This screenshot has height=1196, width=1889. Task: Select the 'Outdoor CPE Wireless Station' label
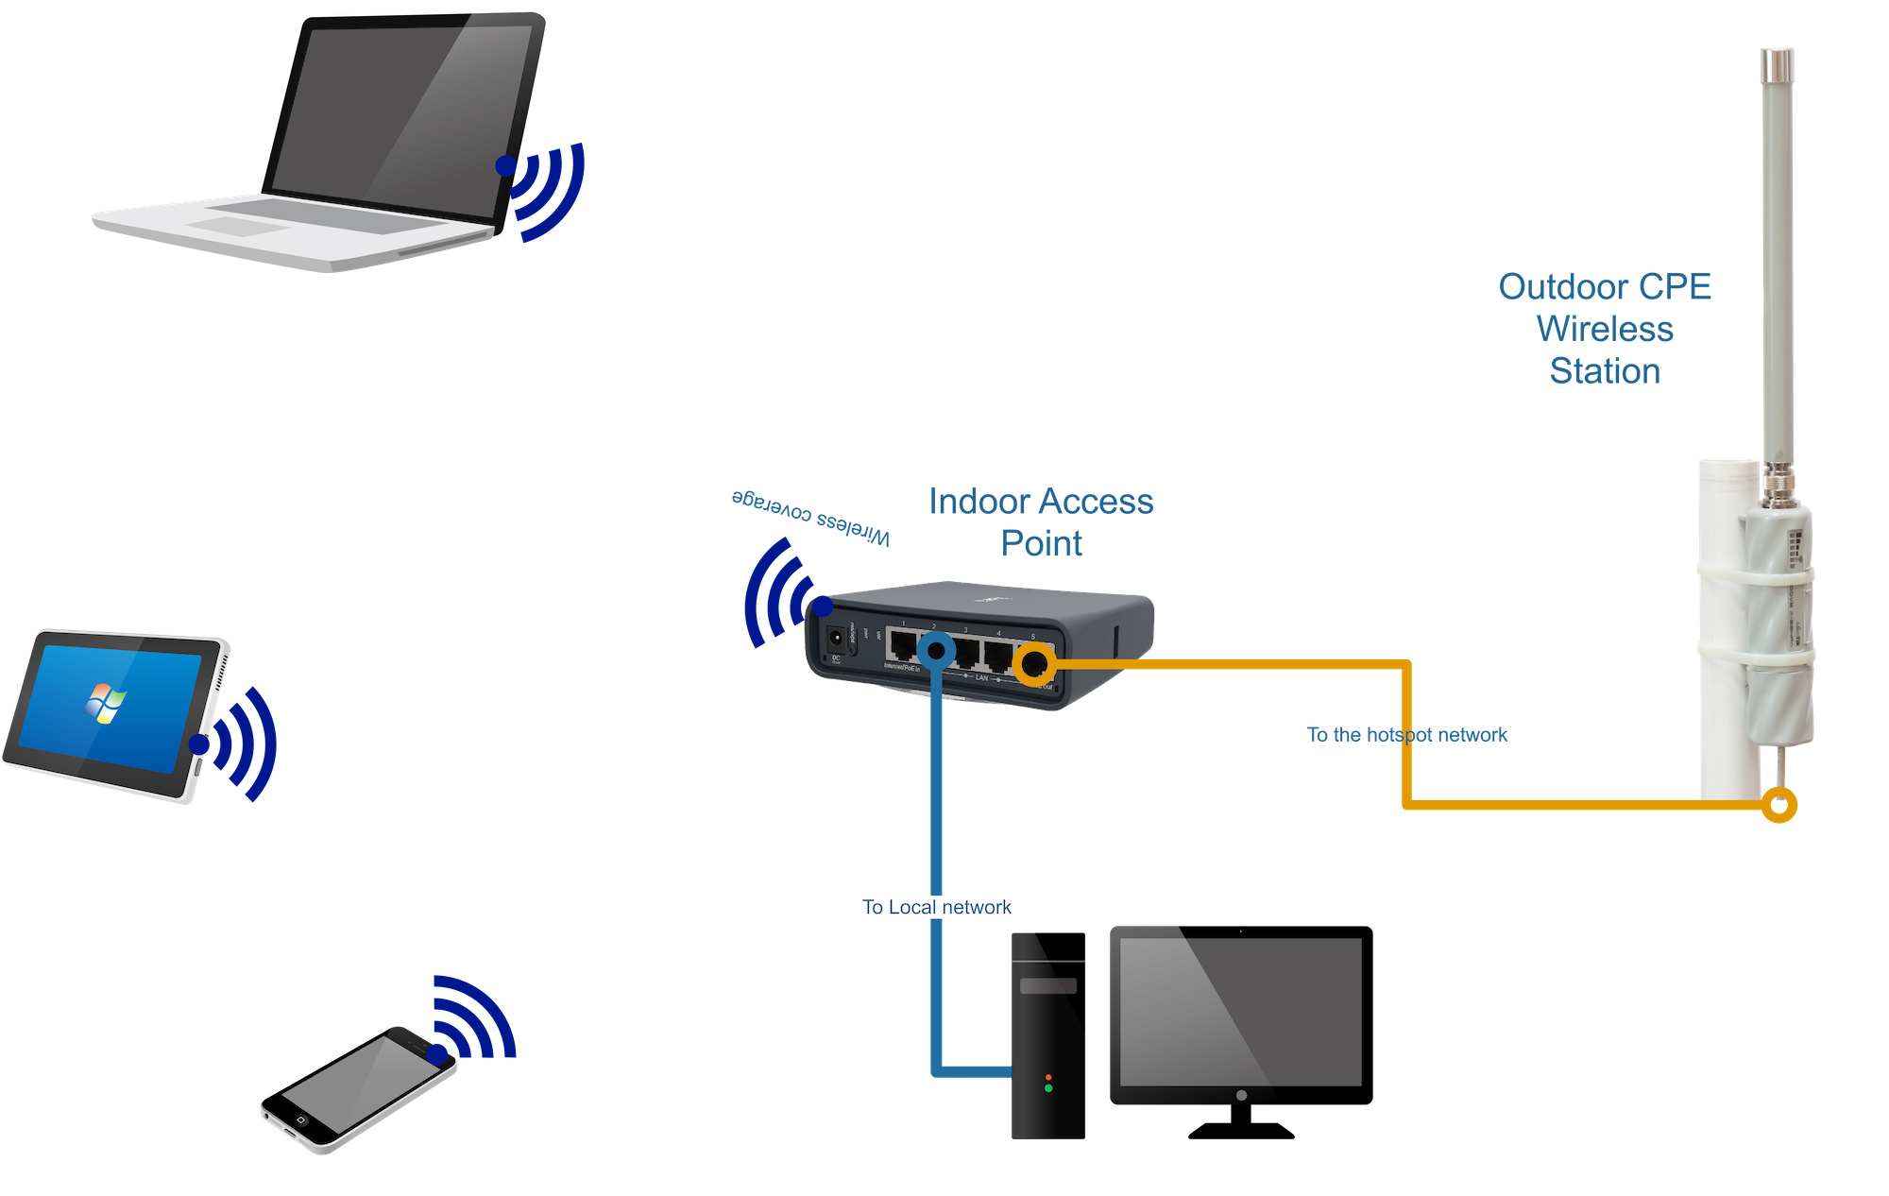click(x=1605, y=329)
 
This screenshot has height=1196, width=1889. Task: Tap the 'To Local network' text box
click(x=936, y=907)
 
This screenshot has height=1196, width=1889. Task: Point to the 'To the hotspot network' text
click(x=1407, y=734)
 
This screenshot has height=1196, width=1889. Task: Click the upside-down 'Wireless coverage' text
click(x=810, y=516)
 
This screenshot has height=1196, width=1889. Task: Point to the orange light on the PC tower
click(x=1048, y=1077)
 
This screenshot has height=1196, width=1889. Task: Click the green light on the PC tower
click(x=1048, y=1089)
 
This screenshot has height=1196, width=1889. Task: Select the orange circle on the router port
click(x=1033, y=664)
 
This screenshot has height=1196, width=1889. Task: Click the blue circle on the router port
click(x=936, y=650)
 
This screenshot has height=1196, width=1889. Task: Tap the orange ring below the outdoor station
click(x=1779, y=806)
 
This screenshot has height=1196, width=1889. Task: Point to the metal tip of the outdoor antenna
click(x=1777, y=66)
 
